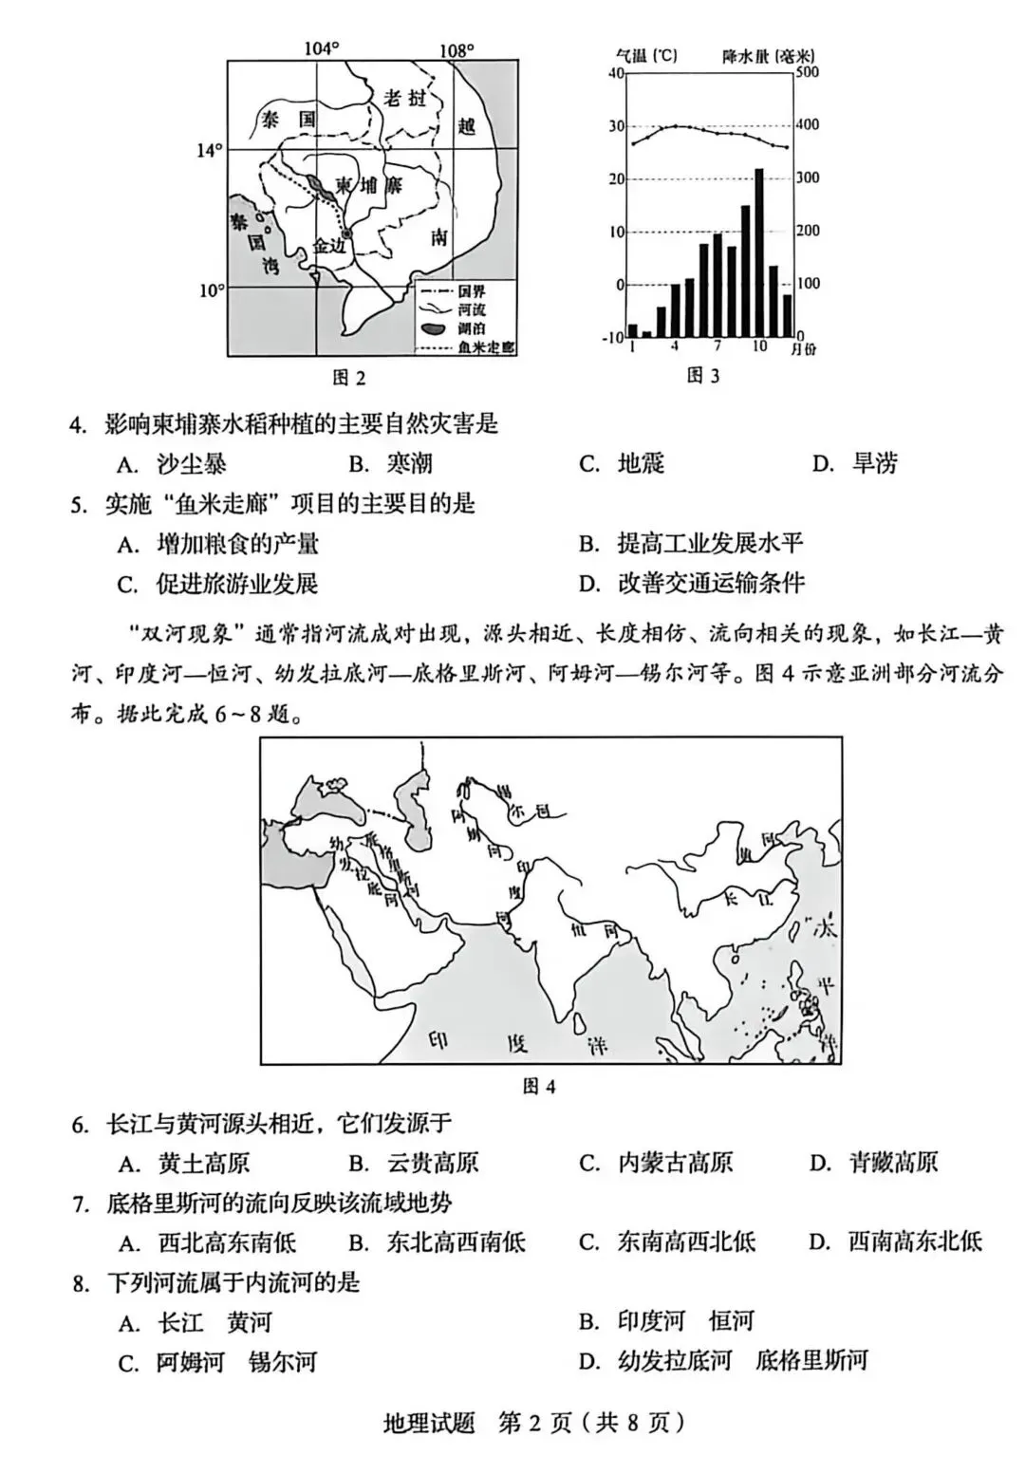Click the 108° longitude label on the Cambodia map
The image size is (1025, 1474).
457,49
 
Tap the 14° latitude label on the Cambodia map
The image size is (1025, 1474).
210,150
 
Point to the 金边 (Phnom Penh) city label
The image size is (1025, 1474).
331,245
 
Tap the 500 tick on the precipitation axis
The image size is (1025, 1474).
807,73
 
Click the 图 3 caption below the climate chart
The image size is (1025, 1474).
702,376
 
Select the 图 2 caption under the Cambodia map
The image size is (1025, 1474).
348,378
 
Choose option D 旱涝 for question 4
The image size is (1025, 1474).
855,463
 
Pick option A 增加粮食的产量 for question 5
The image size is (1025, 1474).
218,544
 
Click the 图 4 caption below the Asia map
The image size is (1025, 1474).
538,1086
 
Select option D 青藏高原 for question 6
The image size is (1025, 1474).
873,1163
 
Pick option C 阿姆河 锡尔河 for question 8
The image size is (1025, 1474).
218,1363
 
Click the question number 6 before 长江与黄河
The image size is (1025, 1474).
80,1125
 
